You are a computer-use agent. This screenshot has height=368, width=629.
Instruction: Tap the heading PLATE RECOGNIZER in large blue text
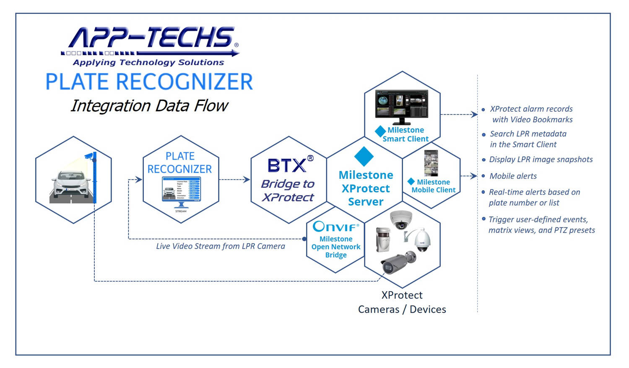pyautogui.click(x=149, y=82)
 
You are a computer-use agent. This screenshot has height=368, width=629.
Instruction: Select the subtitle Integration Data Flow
pyautogui.click(x=149, y=106)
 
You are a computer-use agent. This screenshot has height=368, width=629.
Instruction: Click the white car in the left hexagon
pyautogui.click(x=71, y=185)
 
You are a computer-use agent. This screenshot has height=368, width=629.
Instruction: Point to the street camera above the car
pyautogui.click(x=89, y=156)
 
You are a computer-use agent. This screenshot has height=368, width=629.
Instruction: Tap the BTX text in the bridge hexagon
pyautogui.click(x=287, y=165)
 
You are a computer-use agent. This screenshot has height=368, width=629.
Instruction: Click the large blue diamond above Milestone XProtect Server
pyautogui.click(x=364, y=156)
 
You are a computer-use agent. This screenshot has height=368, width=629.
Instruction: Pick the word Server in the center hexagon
pyautogui.click(x=366, y=202)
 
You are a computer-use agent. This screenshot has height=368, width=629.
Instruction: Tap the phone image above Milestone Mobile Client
pyautogui.click(x=431, y=163)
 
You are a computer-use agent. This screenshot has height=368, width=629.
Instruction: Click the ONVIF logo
pyautogui.click(x=335, y=226)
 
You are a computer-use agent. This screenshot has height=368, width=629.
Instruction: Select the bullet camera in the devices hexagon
pyautogui.click(x=398, y=263)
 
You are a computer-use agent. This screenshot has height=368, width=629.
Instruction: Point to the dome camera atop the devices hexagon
pyautogui.click(x=401, y=219)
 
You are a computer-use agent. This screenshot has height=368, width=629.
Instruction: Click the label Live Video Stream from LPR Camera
pyautogui.click(x=221, y=246)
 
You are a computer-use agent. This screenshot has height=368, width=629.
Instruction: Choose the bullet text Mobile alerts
pyautogui.click(x=513, y=176)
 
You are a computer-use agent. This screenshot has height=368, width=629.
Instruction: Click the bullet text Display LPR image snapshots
pyautogui.click(x=541, y=160)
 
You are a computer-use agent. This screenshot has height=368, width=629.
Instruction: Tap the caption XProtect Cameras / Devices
pyautogui.click(x=402, y=302)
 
